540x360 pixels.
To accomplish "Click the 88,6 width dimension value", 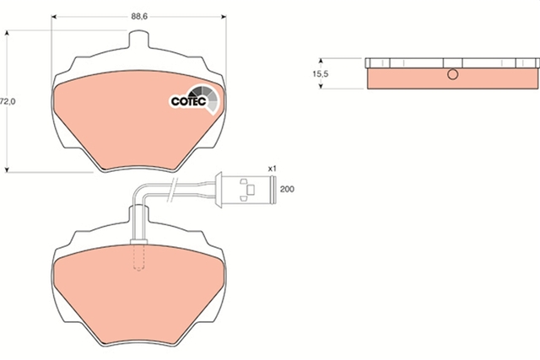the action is (x=139, y=17).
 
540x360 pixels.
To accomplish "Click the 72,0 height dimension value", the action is (x=8, y=101).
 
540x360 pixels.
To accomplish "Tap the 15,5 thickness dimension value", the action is (x=321, y=73).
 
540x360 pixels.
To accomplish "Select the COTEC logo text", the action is (x=189, y=101).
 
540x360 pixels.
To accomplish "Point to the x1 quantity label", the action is (x=273, y=169).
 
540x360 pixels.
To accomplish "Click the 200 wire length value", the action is (x=287, y=189).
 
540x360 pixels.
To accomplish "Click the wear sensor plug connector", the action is (x=246, y=190).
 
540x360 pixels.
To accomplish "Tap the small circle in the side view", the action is (x=452, y=74).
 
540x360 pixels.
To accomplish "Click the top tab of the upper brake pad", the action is (x=138, y=39).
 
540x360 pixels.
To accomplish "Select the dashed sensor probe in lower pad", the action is (x=138, y=257).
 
